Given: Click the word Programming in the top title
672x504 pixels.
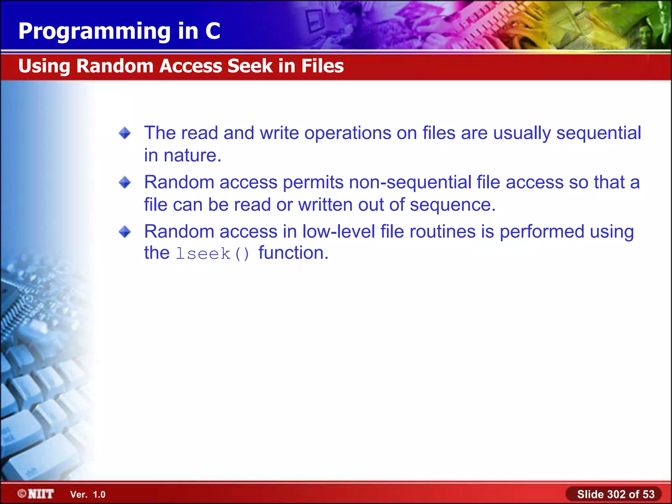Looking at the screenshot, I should (x=94, y=32).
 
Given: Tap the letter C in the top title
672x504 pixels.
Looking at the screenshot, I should (x=213, y=31).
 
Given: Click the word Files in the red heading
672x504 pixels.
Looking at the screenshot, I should (x=323, y=66).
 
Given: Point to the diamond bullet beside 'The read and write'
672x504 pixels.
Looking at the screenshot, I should (x=125, y=133).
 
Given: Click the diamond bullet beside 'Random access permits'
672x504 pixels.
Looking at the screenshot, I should (x=125, y=182).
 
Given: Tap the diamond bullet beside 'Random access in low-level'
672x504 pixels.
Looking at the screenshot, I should (x=125, y=232).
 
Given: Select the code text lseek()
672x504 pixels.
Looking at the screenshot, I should (x=213, y=254).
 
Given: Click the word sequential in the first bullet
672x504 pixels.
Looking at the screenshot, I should (x=599, y=133).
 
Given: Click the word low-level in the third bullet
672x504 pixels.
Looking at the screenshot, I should (x=339, y=232).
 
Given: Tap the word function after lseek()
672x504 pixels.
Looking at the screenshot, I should (x=293, y=253).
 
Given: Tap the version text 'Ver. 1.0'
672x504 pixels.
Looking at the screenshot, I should (x=88, y=494).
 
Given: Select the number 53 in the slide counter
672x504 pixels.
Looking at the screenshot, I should (x=648, y=494).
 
